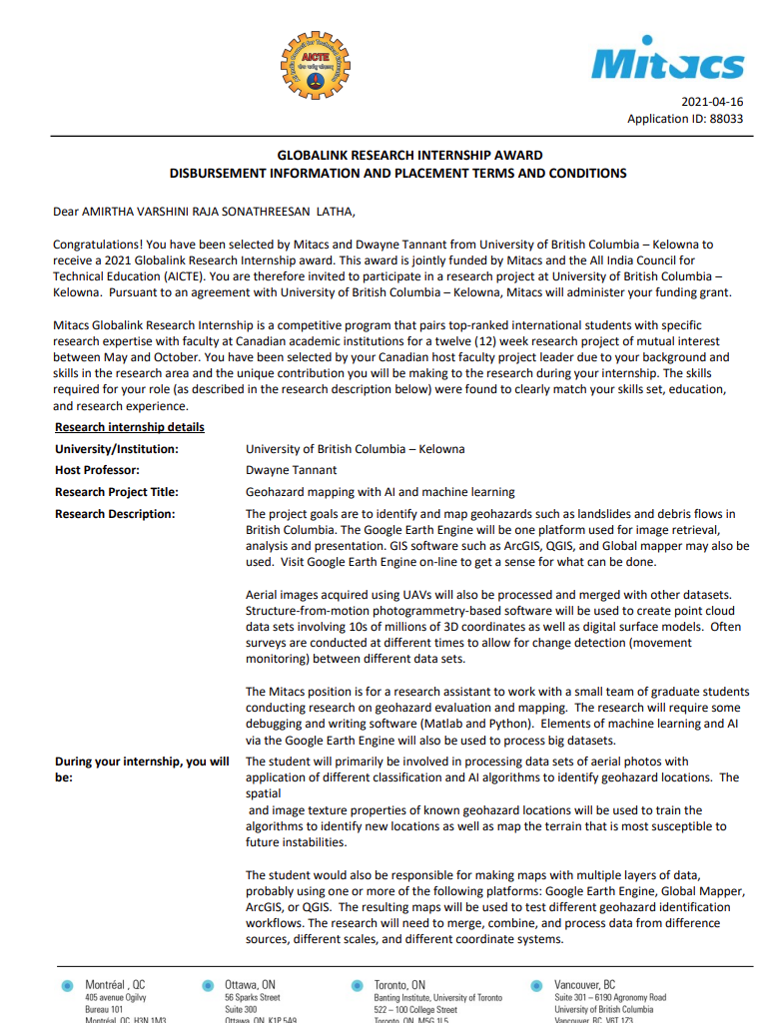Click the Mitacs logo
click(x=668, y=63)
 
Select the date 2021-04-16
click(x=712, y=102)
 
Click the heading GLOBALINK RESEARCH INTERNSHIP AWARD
click(x=409, y=155)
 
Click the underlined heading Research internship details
click(x=130, y=427)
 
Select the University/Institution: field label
click(x=117, y=449)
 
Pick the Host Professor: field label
click(x=97, y=470)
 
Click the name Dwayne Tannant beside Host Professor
click(x=292, y=470)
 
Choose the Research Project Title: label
click(x=117, y=492)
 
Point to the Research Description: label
click(x=115, y=514)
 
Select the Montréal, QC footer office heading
click(x=115, y=984)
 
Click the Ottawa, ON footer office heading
click(x=250, y=984)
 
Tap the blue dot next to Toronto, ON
click(x=356, y=986)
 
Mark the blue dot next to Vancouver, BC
click(x=536, y=986)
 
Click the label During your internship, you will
click(x=142, y=762)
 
